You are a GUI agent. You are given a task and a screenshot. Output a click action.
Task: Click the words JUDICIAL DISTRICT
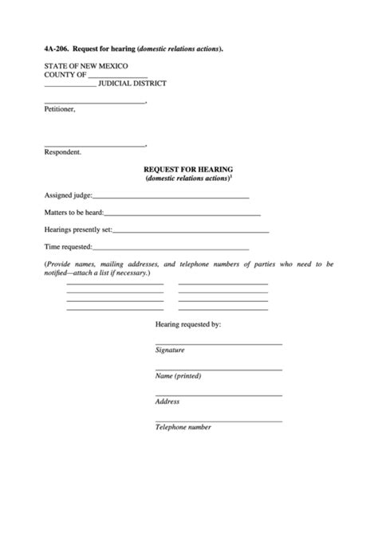click(x=133, y=83)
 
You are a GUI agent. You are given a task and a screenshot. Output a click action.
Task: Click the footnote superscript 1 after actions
click(x=230, y=176)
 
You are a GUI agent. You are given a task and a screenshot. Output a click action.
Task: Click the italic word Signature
click(x=170, y=351)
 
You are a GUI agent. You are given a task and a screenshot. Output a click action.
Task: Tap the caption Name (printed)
click(x=178, y=376)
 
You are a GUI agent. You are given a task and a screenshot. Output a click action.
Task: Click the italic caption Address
click(x=167, y=402)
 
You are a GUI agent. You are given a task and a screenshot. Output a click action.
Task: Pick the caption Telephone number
click(x=183, y=427)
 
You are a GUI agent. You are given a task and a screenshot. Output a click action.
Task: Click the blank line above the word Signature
click(x=219, y=343)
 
